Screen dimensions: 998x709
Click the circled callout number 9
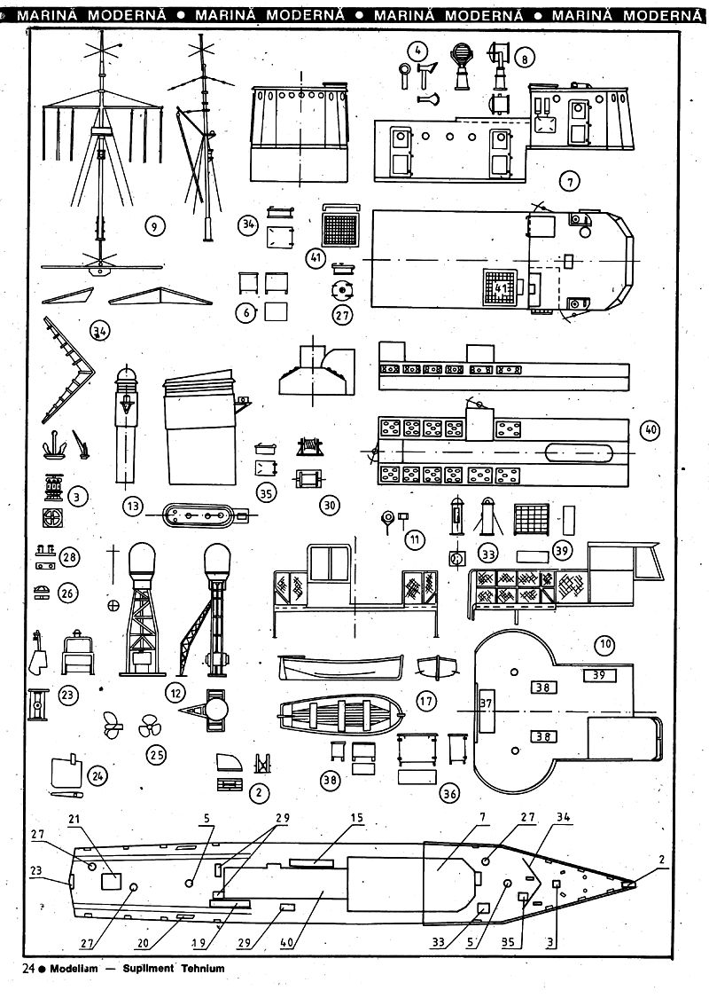(154, 227)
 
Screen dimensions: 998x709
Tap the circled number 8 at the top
(525, 59)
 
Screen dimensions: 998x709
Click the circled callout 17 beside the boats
(426, 701)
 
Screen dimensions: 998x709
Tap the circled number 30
(330, 505)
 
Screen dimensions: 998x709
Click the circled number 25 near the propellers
(156, 755)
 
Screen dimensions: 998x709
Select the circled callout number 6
(247, 312)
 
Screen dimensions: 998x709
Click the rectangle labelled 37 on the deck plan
(486, 703)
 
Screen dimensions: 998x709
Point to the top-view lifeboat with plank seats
(341, 712)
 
